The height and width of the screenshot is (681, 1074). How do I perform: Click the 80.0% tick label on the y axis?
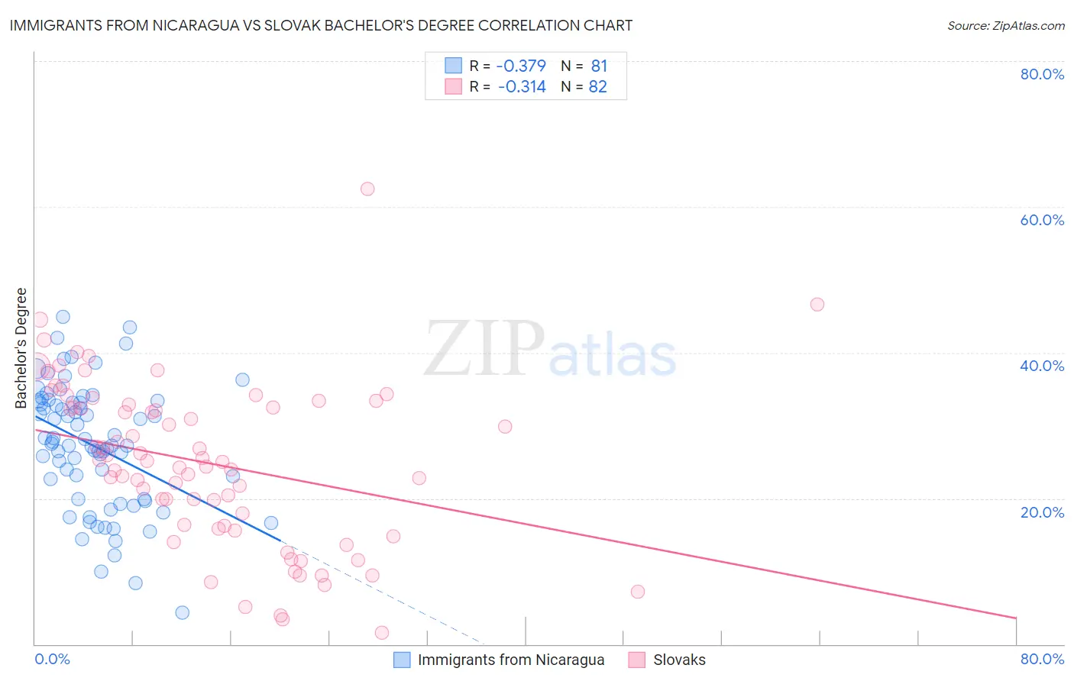click(1042, 74)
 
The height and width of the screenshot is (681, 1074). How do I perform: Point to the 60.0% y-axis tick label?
click(1042, 220)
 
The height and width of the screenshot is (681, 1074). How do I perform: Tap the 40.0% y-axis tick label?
click(1042, 366)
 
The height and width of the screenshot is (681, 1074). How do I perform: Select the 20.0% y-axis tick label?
click(1042, 512)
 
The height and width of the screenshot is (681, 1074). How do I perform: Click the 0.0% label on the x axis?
click(53, 659)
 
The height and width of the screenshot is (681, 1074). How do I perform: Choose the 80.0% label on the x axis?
click(1042, 659)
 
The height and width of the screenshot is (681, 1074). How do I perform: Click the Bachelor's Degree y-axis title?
click(21, 348)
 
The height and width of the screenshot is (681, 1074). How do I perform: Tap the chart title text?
click(321, 25)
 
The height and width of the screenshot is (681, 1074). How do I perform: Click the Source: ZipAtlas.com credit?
click(1005, 26)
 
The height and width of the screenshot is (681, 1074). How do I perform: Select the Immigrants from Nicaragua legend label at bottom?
click(510, 660)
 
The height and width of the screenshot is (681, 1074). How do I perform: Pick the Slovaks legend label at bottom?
click(679, 660)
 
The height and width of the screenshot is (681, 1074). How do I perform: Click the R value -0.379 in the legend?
click(521, 66)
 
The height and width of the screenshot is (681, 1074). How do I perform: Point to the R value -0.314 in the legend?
click(522, 87)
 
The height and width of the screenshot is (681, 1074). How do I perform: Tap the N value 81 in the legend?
click(599, 66)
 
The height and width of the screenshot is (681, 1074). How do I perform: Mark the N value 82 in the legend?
click(597, 87)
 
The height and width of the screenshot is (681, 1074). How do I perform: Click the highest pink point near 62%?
click(367, 189)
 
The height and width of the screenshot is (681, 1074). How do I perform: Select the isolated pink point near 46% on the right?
click(817, 305)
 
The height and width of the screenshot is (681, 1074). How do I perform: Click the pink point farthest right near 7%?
click(638, 592)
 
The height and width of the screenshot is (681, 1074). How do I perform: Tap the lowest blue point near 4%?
click(182, 612)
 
